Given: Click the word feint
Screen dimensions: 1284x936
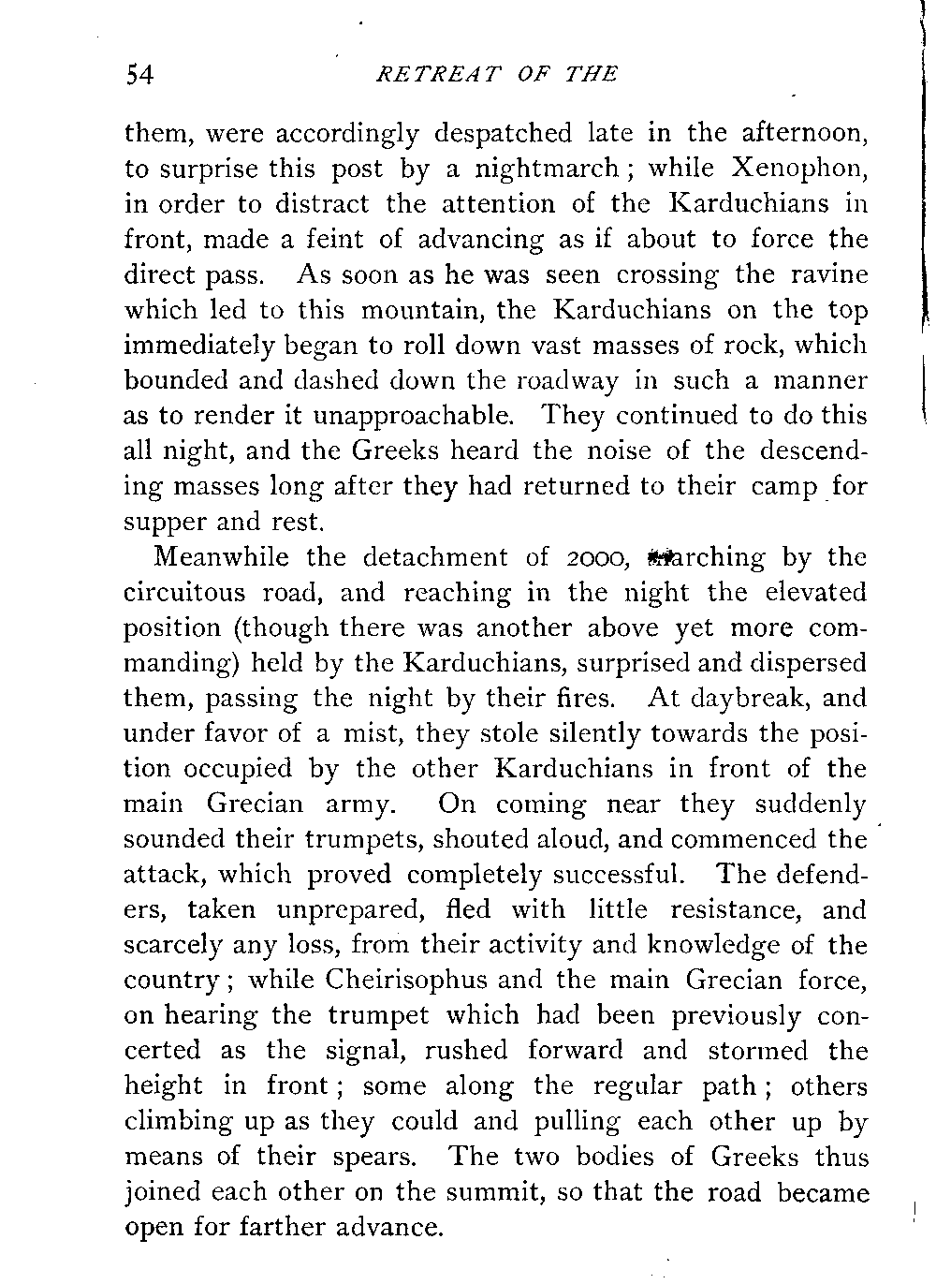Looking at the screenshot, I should click(x=334, y=239).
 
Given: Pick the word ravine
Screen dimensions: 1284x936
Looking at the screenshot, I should click(x=826, y=275).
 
